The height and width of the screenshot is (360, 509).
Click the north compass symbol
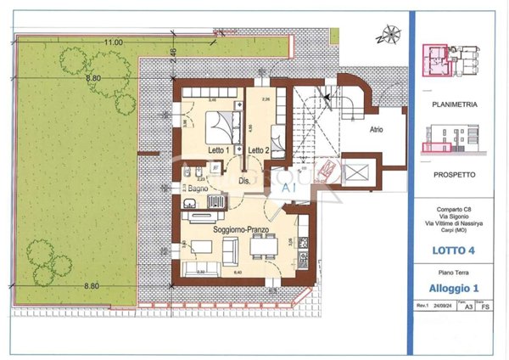[390, 35]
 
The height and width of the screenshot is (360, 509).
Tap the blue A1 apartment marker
[288, 187]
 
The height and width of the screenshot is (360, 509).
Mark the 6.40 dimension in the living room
[239, 273]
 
